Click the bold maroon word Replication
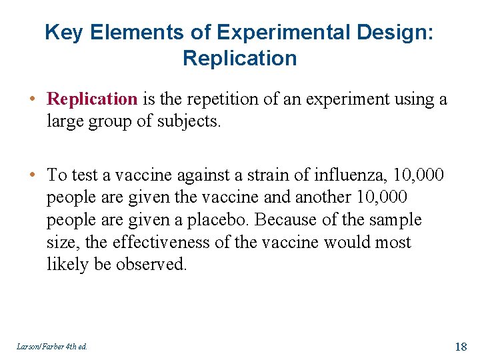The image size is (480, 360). [92, 100]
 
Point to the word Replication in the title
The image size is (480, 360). [239, 58]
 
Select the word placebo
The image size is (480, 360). [219, 219]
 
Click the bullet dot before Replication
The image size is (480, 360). [33, 100]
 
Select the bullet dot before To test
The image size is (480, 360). [33, 175]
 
